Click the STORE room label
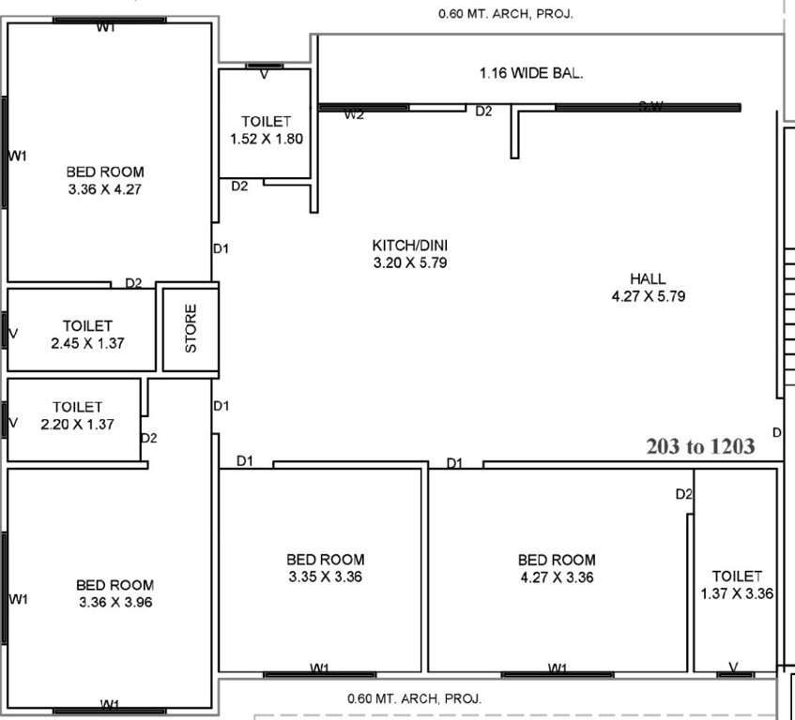[x=191, y=327]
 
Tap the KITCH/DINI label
[x=409, y=247]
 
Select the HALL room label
[x=648, y=278]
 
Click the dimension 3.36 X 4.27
[x=105, y=188]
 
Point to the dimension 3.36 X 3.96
[x=115, y=602]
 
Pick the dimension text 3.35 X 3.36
[x=326, y=577]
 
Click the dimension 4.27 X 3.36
[x=557, y=577]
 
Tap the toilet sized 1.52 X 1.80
[x=266, y=139]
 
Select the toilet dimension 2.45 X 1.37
[x=88, y=343]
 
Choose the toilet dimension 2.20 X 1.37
[x=77, y=424]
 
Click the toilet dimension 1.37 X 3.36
[x=737, y=593]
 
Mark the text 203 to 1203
[x=700, y=446]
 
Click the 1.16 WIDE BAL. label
[x=531, y=73]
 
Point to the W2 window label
[x=354, y=114]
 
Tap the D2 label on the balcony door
[x=483, y=112]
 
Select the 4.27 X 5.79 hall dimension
[x=648, y=296]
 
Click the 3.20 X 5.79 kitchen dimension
[x=409, y=263]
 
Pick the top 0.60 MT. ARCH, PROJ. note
[x=506, y=14]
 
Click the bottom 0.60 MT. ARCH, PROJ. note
[x=414, y=698]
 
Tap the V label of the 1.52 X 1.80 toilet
[x=264, y=73]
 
